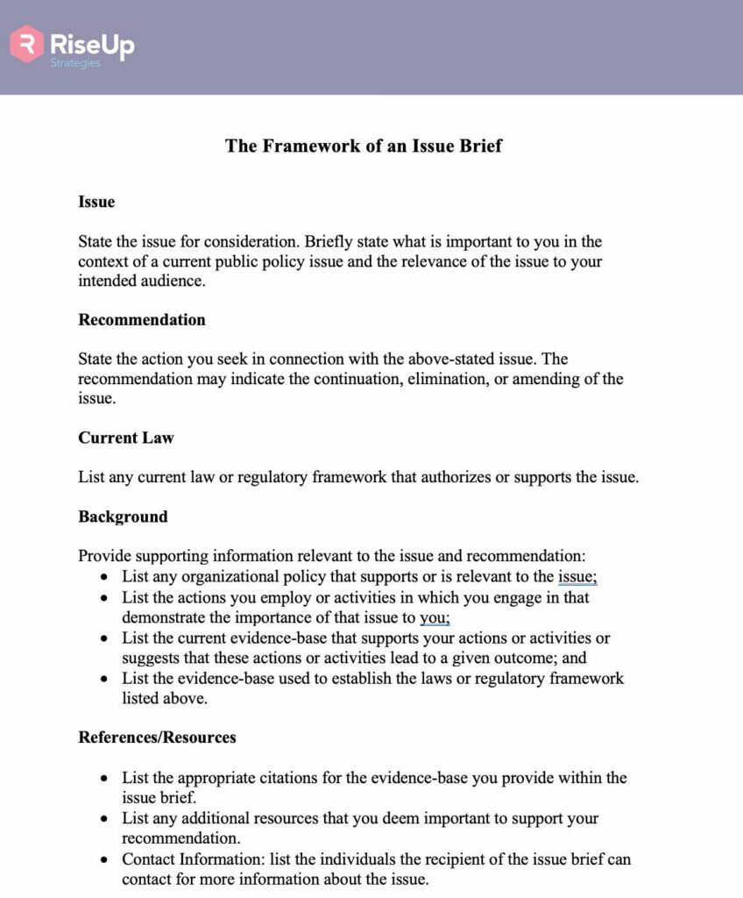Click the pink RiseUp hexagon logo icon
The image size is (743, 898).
point(27,43)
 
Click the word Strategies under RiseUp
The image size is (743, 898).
point(75,63)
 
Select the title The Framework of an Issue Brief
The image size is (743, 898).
point(364,146)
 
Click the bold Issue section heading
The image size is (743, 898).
point(96,202)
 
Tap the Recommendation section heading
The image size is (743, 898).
point(142,319)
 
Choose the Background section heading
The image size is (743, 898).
point(123,516)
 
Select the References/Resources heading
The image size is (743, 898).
point(157,737)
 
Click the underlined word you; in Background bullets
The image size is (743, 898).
point(435,616)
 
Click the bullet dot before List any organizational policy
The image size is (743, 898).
point(105,577)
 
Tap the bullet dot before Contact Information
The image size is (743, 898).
point(105,859)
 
